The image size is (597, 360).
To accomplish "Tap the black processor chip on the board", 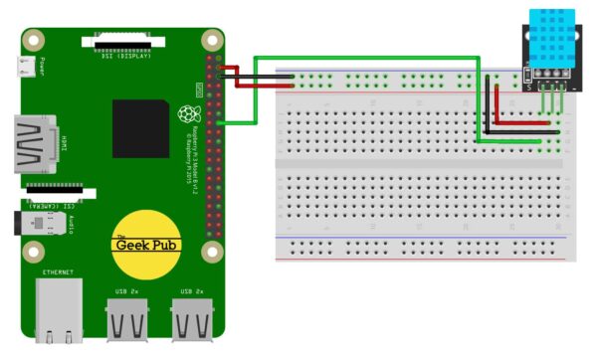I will coord(140,127).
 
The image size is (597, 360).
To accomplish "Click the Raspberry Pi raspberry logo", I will coord(185,113).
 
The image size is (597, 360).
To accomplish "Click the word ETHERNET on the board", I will coord(58,270).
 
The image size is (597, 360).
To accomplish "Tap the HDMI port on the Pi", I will coord(35,143).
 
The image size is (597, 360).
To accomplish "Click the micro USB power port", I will coord(29,68).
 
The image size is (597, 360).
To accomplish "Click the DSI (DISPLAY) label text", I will coord(128,56).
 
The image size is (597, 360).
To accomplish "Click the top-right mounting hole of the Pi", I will coord(211,41).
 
